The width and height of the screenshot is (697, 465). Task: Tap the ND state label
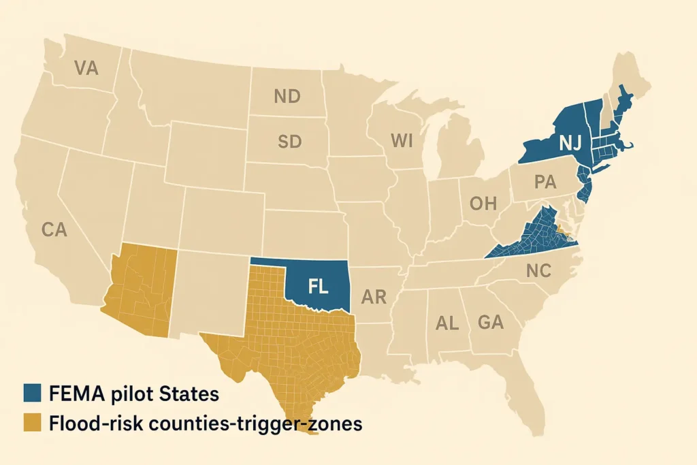click(x=287, y=97)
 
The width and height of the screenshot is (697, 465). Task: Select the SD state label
click(x=289, y=142)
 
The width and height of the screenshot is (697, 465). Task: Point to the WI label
click(x=402, y=140)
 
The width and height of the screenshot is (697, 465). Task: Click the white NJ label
click(x=569, y=143)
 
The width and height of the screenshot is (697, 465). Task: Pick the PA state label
click(x=545, y=182)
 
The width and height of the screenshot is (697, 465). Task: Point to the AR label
click(x=374, y=297)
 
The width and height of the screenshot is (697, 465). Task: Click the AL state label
click(x=447, y=323)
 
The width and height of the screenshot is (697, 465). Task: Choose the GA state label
click(x=490, y=322)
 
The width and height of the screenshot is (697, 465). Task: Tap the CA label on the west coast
click(x=54, y=230)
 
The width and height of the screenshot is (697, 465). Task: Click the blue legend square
click(x=32, y=393)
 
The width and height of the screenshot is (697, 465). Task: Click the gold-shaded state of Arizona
click(x=142, y=289)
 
